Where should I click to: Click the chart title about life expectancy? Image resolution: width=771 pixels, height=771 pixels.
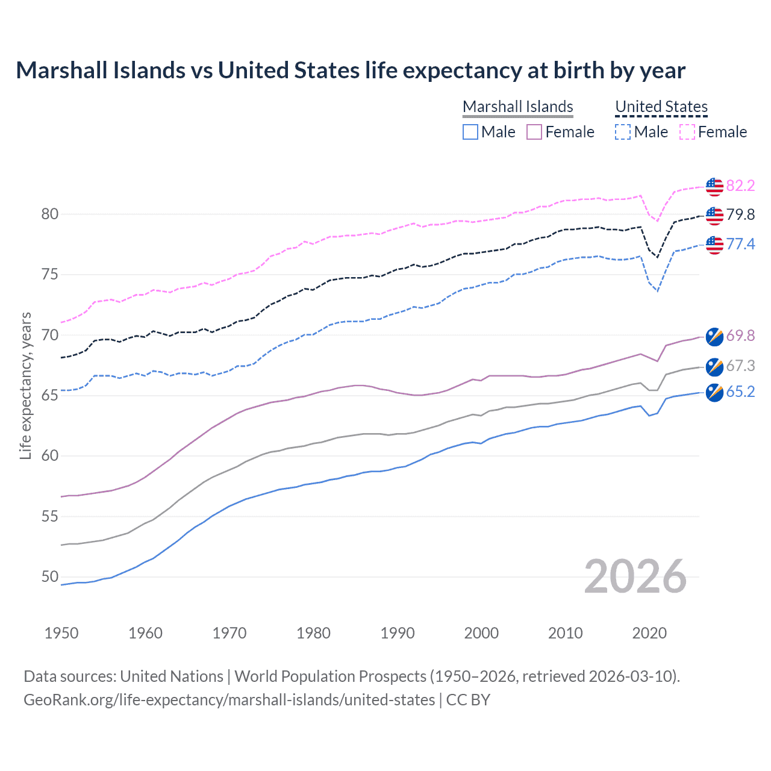click(350, 70)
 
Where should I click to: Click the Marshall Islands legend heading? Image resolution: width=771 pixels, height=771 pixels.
click(517, 107)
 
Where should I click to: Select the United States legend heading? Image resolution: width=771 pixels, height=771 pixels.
click(661, 107)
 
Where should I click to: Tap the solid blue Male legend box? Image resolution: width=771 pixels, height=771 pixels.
click(470, 132)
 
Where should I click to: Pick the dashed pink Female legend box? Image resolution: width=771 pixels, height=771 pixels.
click(687, 132)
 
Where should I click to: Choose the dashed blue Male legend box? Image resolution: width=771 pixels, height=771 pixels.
click(623, 132)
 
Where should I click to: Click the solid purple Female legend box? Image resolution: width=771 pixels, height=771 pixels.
click(534, 132)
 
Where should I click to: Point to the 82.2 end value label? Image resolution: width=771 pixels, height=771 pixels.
click(740, 186)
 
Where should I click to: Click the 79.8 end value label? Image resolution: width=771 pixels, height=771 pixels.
click(740, 214)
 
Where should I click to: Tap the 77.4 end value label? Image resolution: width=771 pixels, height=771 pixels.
click(740, 244)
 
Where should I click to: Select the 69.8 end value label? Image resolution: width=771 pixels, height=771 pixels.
click(740, 336)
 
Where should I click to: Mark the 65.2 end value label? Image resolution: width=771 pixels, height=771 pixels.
click(740, 392)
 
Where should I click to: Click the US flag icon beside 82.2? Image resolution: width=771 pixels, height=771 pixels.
click(714, 187)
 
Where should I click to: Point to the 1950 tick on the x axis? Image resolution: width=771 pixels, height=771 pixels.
click(61, 633)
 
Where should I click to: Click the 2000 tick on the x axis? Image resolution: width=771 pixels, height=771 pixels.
click(481, 633)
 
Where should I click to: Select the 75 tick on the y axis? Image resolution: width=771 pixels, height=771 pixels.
click(50, 275)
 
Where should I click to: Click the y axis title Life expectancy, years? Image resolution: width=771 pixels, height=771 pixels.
click(25, 385)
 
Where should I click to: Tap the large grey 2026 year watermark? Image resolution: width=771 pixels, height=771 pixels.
click(635, 576)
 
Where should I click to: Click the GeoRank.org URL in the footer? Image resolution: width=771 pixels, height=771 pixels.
click(229, 700)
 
